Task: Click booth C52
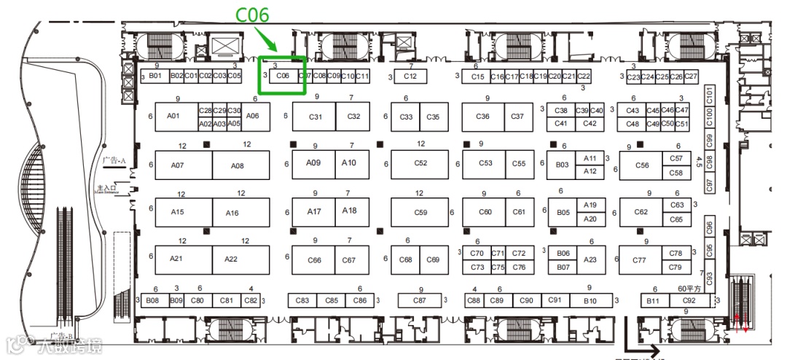pyautogui.click(x=420, y=164)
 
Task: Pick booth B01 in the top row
pyautogui.click(x=155, y=76)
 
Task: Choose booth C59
pyautogui.click(x=420, y=213)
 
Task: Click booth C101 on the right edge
pyautogui.click(x=710, y=94)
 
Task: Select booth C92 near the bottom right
pyautogui.click(x=689, y=300)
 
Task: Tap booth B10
pyautogui.click(x=590, y=300)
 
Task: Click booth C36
pyautogui.click(x=482, y=117)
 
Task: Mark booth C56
pyautogui.click(x=641, y=165)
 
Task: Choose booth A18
pyautogui.click(x=350, y=211)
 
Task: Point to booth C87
pyautogui.click(x=420, y=300)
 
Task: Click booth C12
pyautogui.click(x=410, y=76)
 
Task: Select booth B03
pyautogui.click(x=562, y=165)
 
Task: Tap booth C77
pyautogui.click(x=640, y=260)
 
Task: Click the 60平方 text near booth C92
pyautogui.click(x=689, y=289)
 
